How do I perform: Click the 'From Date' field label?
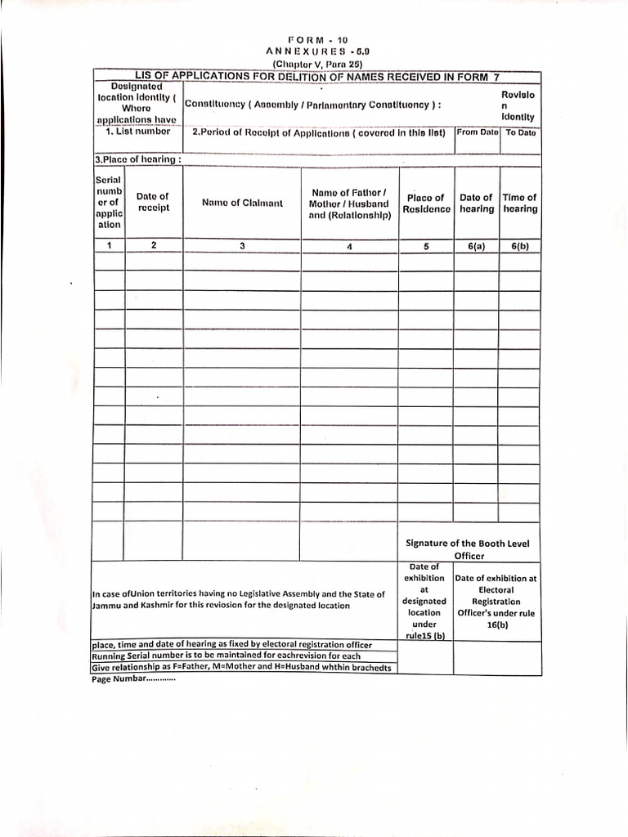pos(478,132)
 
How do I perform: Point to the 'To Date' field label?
pos(520,132)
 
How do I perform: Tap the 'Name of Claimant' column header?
pos(242,203)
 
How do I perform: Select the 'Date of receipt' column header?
pos(153,202)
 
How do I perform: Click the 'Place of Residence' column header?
pos(426,204)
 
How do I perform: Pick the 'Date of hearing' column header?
pos(476,204)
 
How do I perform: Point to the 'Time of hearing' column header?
pos(520,204)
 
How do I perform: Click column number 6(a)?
pos(476,245)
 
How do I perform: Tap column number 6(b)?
pos(520,245)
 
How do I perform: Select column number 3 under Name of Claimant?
pos(242,245)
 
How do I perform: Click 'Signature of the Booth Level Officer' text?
pos(469,548)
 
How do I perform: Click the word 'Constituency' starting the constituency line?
pos(214,105)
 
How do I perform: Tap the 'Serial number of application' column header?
pos(109,202)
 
